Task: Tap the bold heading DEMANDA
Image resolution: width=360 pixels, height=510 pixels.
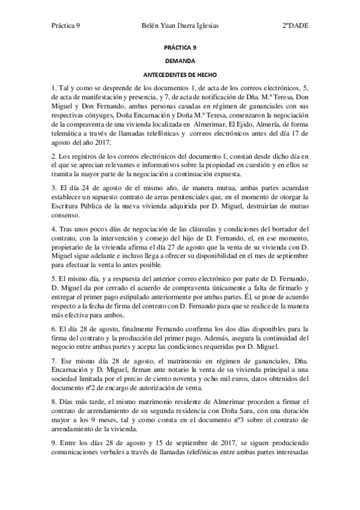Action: (180, 61)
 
